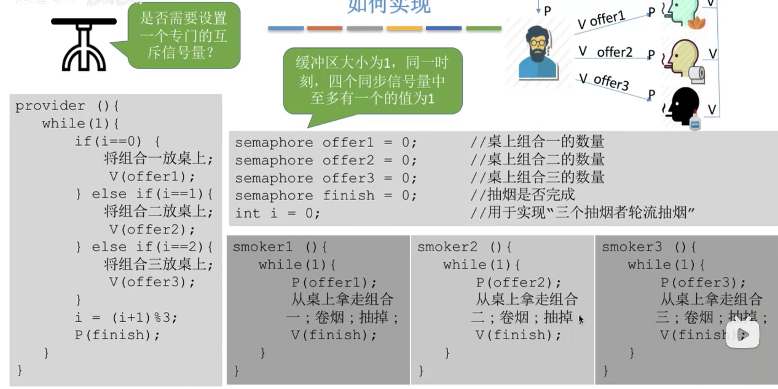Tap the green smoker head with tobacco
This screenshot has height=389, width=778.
(x=683, y=13)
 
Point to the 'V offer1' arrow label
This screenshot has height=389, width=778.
(x=601, y=20)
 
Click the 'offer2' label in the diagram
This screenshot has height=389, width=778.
(x=614, y=52)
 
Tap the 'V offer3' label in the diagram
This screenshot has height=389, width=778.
(x=604, y=81)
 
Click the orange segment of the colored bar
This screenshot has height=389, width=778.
(x=324, y=28)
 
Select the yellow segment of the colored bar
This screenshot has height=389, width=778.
(x=404, y=28)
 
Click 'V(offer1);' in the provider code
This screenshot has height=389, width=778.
(x=152, y=176)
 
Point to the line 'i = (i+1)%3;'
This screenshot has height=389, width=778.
(x=126, y=317)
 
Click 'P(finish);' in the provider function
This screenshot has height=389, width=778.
(x=117, y=335)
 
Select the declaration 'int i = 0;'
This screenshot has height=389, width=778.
(x=277, y=213)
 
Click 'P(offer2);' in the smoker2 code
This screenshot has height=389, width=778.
(x=518, y=282)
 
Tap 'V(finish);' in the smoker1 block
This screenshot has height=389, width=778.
(x=333, y=335)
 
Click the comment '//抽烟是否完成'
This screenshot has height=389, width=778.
(x=523, y=195)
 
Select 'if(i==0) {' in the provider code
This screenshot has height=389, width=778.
(x=117, y=141)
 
